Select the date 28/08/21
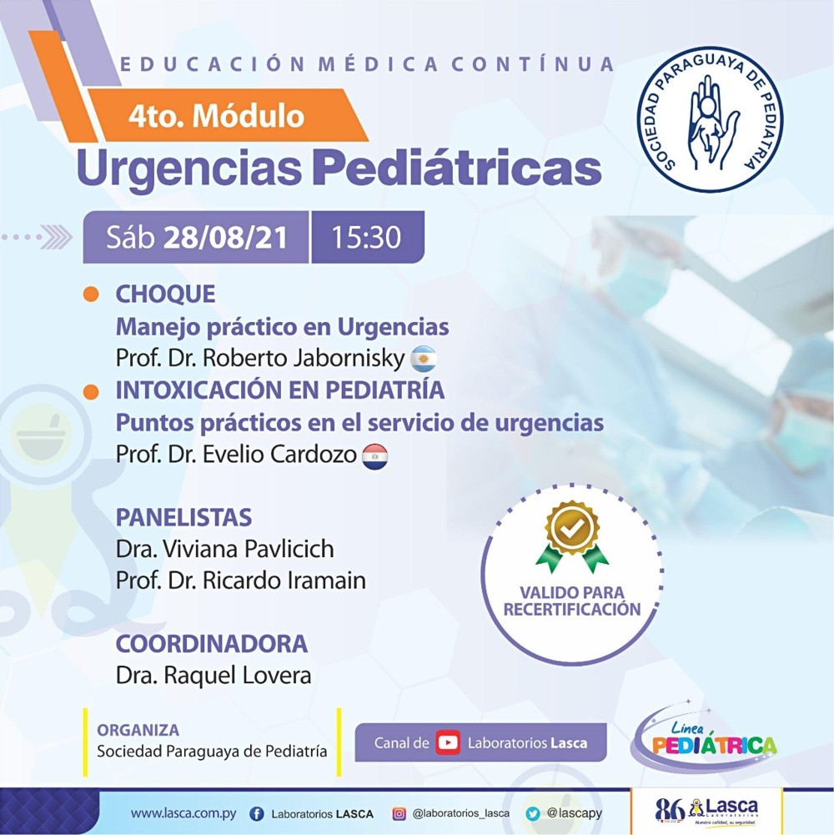pyautogui.click(x=225, y=238)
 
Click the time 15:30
pyautogui.click(x=366, y=238)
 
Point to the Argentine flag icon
pyautogui.click(x=424, y=359)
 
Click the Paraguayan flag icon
pyautogui.click(x=374, y=456)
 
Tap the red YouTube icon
pyautogui.click(x=448, y=742)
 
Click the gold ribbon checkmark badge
pyautogui.click(x=572, y=536)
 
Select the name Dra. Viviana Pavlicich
pyautogui.click(x=224, y=549)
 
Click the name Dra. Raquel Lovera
pyautogui.click(x=214, y=675)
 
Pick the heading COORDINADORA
pyautogui.click(x=212, y=643)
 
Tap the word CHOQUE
pyautogui.click(x=166, y=294)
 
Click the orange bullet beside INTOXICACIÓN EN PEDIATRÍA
pyautogui.click(x=91, y=391)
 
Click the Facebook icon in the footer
pyautogui.click(x=257, y=813)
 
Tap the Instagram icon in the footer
pyautogui.click(x=399, y=813)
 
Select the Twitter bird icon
pyautogui.click(x=533, y=813)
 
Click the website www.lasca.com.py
pyautogui.click(x=183, y=813)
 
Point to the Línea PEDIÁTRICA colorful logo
pyautogui.click(x=703, y=737)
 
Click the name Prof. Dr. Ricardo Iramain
pyautogui.click(x=241, y=581)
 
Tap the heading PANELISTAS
pyautogui.click(x=183, y=518)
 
